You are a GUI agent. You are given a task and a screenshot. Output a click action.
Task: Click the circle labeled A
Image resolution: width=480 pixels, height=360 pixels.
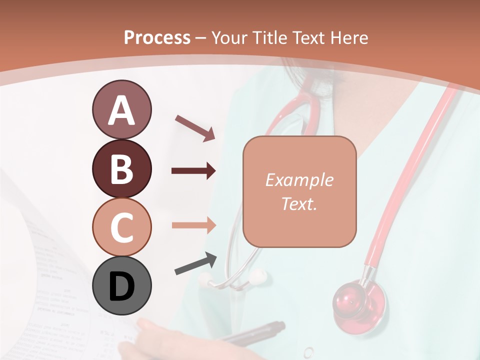pos(121,110)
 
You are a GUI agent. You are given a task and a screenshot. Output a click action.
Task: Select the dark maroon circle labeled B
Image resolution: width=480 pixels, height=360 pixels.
pos(121,168)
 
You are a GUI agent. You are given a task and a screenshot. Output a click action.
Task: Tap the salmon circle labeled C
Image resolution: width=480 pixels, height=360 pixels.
pos(121,227)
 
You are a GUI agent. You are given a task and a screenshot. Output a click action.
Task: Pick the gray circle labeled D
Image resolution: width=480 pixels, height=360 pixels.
pos(121,286)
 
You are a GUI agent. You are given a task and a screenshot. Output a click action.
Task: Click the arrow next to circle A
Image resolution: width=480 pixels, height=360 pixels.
pos(195,128)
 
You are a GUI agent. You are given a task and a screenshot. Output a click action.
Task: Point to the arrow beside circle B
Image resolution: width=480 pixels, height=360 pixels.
pos(193,171)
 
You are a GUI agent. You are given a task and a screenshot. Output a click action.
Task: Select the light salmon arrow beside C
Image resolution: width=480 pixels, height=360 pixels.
pos(193,225)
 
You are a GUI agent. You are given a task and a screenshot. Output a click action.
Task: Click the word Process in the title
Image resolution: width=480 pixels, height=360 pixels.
pos(157,37)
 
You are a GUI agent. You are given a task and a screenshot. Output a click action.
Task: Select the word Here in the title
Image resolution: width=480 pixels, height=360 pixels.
pos(349,37)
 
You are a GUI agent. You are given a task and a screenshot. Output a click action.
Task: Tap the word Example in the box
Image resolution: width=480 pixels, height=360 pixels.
pos(299,180)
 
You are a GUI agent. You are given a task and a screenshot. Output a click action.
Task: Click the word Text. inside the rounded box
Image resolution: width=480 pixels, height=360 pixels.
pos(299,203)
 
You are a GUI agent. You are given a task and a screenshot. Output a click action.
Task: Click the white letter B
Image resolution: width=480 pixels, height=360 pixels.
pos(121,169)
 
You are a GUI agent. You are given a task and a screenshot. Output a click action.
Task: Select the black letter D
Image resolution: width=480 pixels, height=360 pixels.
pos(121,286)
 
